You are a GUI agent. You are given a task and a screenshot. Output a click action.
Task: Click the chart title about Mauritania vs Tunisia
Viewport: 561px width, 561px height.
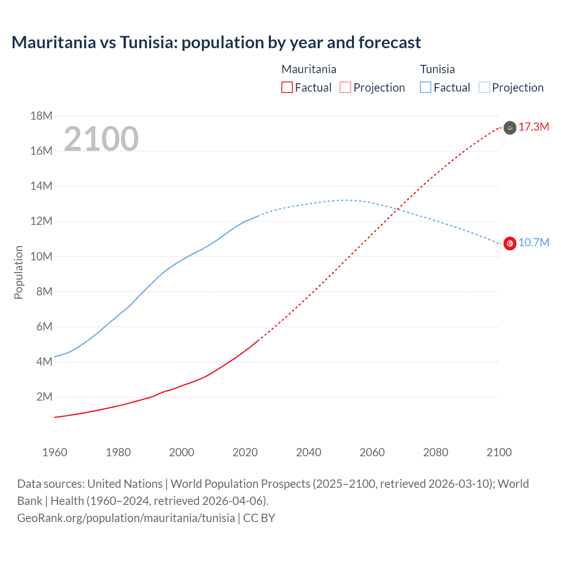click(x=216, y=43)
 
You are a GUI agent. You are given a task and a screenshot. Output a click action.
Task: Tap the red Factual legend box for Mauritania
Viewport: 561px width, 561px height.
click(x=287, y=87)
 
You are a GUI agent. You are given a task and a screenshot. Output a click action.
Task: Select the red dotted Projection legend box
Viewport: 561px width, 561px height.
click(x=345, y=87)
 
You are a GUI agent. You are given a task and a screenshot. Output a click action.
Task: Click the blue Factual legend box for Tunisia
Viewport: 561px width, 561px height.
click(x=426, y=87)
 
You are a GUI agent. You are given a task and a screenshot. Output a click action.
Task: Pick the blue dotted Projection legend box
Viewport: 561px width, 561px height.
click(x=484, y=87)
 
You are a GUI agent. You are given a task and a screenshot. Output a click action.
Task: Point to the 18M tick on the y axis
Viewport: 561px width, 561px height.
click(x=41, y=116)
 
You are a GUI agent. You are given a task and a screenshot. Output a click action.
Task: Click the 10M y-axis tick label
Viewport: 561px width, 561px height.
click(x=41, y=256)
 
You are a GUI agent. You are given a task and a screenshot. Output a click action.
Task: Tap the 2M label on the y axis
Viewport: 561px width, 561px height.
click(x=44, y=397)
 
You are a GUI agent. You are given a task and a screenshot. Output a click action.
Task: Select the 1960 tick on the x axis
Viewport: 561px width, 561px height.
click(x=55, y=452)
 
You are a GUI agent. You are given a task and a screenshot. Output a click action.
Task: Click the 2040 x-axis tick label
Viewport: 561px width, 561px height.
click(x=309, y=452)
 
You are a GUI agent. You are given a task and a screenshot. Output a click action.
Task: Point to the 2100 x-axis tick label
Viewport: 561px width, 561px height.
click(x=499, y=452)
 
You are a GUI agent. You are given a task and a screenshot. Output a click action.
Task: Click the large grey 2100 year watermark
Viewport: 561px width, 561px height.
click(x=101, y=139)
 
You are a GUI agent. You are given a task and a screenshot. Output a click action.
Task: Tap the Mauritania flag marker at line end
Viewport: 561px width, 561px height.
click(x=510, y=128)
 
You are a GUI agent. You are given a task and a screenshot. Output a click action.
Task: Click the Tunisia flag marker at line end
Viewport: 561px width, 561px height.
click(x=510, y=243)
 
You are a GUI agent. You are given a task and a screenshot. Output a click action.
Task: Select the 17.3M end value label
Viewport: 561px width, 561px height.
click(x=534, y=127)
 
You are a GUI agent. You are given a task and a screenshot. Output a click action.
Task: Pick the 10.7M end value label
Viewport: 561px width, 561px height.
click(x=534, y=243)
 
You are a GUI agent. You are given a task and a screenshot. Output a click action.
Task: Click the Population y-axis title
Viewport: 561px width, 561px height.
click(x=18, y=272)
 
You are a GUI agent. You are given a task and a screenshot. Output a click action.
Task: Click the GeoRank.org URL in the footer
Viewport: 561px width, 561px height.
click(x=126, y=518)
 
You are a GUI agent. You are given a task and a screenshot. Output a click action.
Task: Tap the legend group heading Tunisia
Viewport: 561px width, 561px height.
click(x=437, y=69)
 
